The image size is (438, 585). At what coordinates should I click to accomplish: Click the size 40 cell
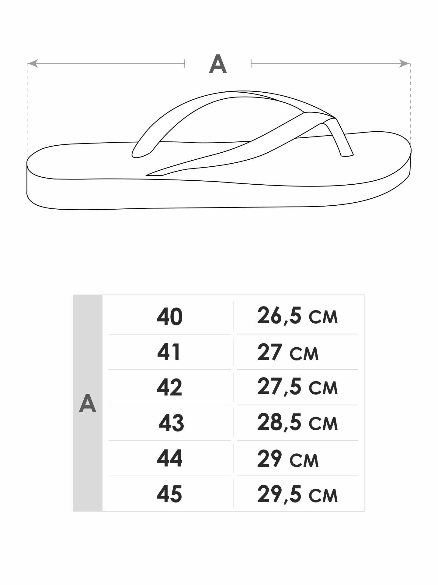[x=170, y=317]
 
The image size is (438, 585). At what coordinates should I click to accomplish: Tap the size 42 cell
[x=169, y=387]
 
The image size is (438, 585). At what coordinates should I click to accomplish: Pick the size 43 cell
[x=171, y=423]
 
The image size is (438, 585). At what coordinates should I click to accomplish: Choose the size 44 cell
[x=170, y=458]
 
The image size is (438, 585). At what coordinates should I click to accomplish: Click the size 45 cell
[x=169, y=493]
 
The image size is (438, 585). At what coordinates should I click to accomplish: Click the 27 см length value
[x=288, y=352]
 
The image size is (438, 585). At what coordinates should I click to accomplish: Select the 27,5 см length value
[x=297, y=387]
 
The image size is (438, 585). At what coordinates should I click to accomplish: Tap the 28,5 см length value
[x=297, y=423]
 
